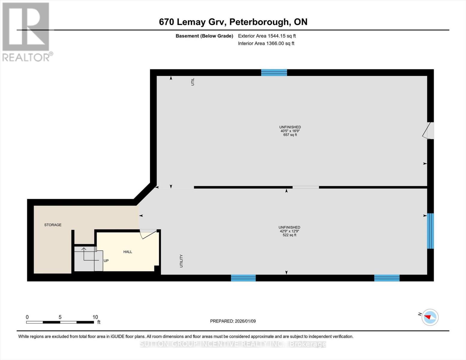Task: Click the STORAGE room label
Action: point(53,225)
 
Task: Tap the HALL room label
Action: point(128,252)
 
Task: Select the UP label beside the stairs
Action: point(106,261)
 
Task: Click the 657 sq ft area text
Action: point(290,135)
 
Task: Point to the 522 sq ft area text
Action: point(289,235)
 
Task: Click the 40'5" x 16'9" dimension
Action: point(290,131)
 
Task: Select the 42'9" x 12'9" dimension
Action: point(289,231)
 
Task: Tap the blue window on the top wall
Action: point(274,72)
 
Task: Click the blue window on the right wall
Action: point(430,231)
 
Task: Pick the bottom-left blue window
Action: point(243,278)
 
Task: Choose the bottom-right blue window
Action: point(387,278)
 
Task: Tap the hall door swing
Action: point(148,234)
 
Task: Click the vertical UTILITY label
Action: point(181,261)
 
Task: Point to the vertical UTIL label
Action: point(193,82)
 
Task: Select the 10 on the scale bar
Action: point(95,317)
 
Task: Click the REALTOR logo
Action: point(26,32)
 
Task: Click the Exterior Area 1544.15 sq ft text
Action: point(267,36)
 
